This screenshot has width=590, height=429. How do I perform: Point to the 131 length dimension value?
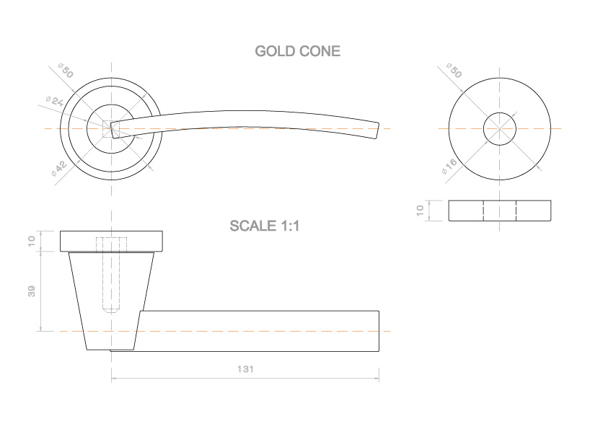click(x=245, y=368)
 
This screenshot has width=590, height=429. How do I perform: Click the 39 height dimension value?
click(x=31, y=291)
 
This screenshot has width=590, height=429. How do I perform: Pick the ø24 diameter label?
click(x=53, y=103)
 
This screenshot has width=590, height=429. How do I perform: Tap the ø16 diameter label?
click(x=450, y=167)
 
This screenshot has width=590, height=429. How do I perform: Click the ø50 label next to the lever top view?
click(x=65, y=72)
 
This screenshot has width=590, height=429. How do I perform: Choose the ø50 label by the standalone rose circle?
click(x=454, y=71)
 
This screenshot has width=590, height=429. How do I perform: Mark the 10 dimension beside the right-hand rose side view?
click(x=421, y=210)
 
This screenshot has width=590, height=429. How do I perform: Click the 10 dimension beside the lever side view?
click(x=31, y=241)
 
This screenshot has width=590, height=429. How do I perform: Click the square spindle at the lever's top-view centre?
click(x=111, y=129)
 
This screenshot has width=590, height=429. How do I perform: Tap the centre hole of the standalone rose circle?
click(x=499, y=128)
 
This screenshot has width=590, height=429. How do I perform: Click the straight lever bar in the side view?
click(x=260, y=331)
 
